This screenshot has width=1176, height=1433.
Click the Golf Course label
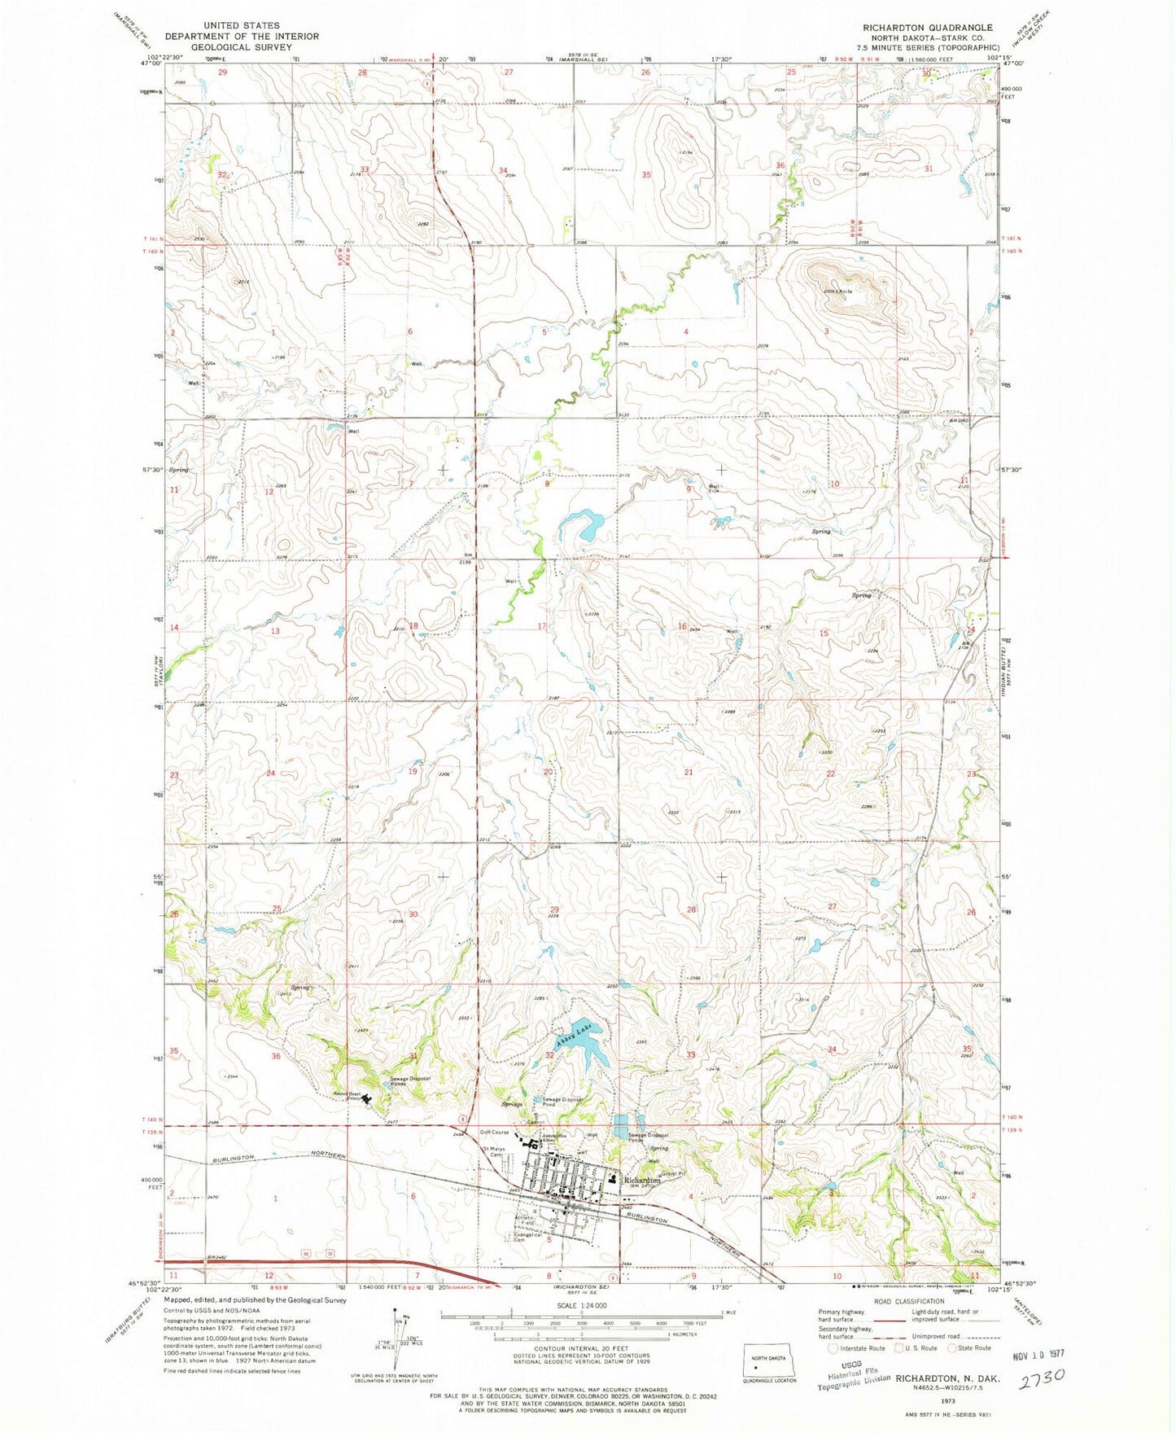pos(494,1133)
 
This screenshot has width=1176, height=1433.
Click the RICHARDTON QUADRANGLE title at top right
pos(928,27)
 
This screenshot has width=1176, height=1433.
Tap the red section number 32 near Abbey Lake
pos(550,1055)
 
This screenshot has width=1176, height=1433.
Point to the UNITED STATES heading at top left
pos(242,26)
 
